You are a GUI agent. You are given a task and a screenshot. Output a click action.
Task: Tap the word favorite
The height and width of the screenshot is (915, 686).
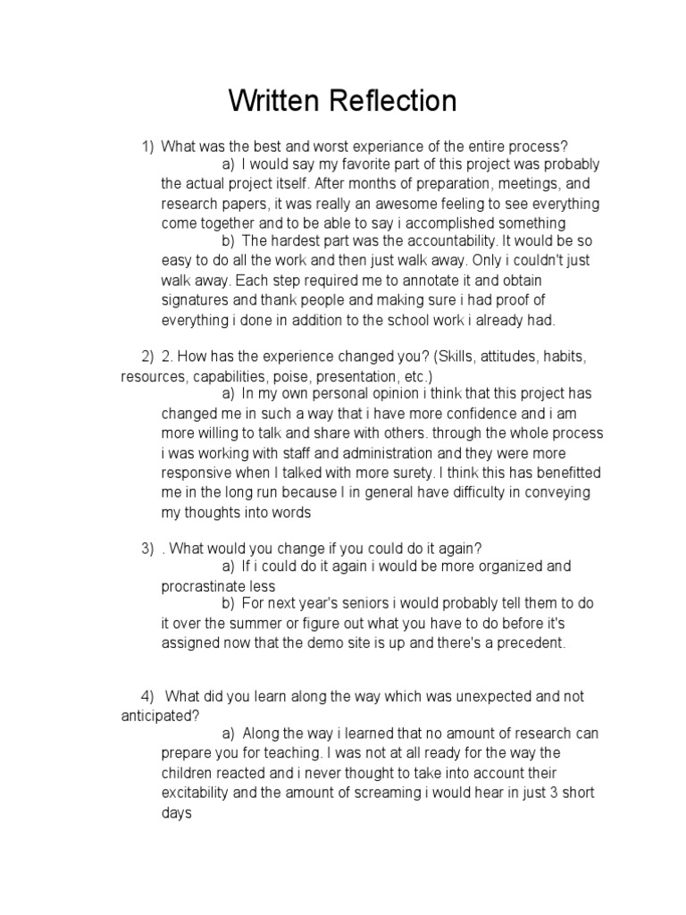350,165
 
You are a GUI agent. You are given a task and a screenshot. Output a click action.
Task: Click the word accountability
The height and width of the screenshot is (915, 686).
450,241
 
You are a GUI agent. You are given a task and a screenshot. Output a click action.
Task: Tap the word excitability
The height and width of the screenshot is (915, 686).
205,793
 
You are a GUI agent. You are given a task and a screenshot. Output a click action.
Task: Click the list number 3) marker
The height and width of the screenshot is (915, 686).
147,548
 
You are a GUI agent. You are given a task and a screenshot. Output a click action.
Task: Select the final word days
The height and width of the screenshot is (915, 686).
177,813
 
